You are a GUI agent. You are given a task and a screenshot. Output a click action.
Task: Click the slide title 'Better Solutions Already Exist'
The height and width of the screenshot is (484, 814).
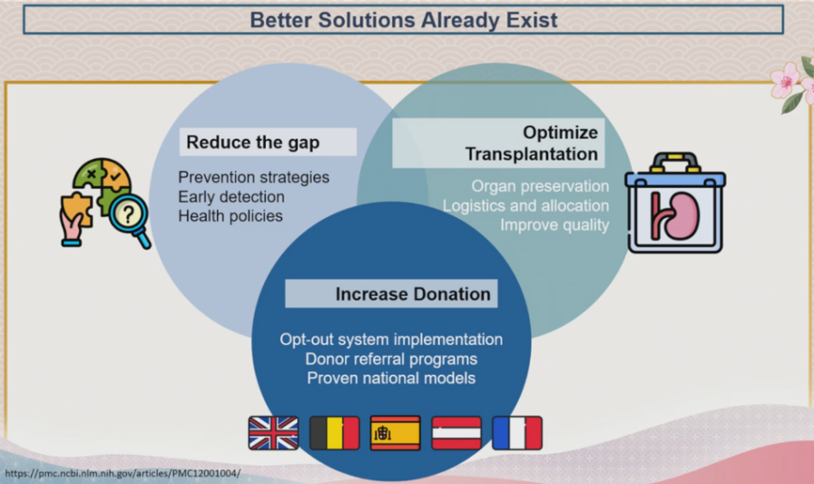[403, 20]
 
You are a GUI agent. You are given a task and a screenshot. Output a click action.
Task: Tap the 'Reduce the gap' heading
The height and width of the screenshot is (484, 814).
[253, 143]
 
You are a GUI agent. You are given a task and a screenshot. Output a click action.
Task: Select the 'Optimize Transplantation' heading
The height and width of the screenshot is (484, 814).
[532, 143]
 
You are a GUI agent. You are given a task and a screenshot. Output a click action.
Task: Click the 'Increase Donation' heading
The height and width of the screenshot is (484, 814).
[413, 294]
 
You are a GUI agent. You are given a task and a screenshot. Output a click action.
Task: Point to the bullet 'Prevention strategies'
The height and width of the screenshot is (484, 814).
[253, 178]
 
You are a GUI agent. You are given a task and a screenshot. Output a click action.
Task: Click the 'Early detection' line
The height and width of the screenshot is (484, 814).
[231, 197]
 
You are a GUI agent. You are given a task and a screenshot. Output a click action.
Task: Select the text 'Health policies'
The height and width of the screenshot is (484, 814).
[230, 216]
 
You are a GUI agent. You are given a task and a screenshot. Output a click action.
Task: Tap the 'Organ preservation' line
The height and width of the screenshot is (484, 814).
[540, 186]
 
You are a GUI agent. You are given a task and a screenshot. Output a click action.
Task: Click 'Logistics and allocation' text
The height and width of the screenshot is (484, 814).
[525, 205]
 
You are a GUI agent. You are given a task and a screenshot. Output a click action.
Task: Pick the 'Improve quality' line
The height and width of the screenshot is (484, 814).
[554, 225]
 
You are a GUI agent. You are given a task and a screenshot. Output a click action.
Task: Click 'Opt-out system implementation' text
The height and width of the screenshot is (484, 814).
[391, 340]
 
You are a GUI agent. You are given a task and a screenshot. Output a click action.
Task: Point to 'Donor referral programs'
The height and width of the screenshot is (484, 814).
[391, 359]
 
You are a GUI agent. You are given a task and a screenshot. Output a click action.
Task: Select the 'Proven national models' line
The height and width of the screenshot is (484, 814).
[391, 378]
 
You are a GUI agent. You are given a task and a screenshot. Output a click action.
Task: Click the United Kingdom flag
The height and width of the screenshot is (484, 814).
[273, 432]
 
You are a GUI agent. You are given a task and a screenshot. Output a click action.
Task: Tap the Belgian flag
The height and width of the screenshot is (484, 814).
[334, 432]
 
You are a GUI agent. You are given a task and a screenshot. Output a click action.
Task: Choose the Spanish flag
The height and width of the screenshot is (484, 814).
[395, 432]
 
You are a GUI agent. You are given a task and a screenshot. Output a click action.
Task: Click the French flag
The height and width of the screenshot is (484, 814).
[517, 432]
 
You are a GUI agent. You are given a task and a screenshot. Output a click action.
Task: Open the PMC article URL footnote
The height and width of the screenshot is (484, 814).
[123, 474]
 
